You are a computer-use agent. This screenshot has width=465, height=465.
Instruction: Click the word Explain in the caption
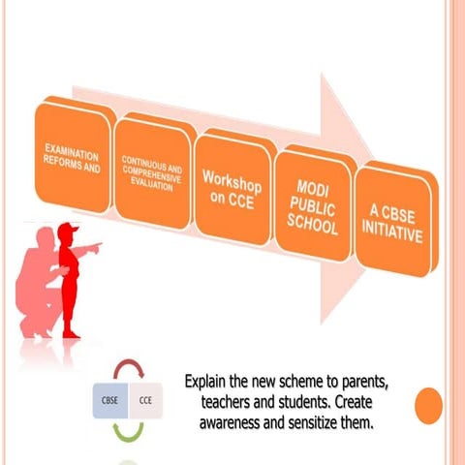[210, 379]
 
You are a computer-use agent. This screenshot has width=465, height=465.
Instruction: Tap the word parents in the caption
[383, 379]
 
